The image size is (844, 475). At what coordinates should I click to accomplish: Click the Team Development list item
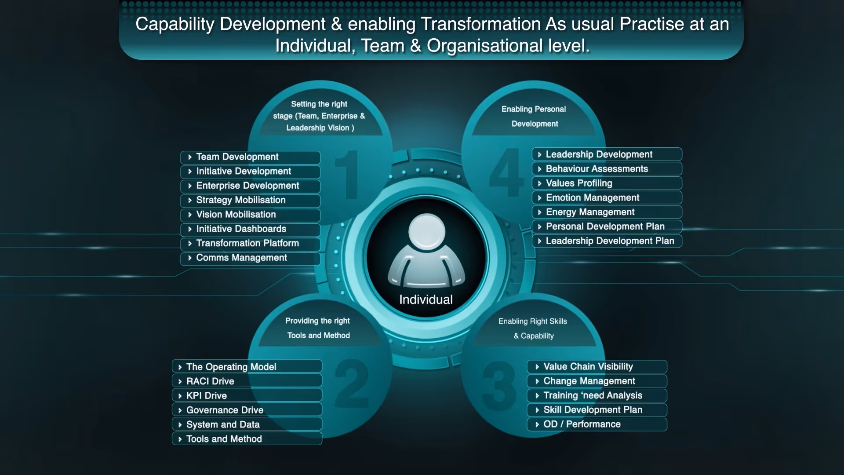coord(250,157)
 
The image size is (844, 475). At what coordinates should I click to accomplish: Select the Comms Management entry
coord(250,258)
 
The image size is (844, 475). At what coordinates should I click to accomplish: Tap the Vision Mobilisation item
coord(250,215)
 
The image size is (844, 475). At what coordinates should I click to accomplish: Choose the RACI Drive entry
coord(247,381)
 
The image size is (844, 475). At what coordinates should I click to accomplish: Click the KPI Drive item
coord(247,396)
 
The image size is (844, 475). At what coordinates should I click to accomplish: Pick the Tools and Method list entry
coord(247,439)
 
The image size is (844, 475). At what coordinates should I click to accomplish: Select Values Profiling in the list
coord(607,183)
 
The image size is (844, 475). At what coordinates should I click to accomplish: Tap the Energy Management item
coord(607,212)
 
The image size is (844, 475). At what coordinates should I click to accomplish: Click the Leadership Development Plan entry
coord(607,241)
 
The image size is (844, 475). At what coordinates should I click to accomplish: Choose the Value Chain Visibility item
coord(597,367)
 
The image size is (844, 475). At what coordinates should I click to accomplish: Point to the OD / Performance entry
coord(597,424)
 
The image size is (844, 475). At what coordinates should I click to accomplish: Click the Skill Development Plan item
coord(597,410)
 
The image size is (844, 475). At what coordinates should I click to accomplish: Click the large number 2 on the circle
coord(352,383)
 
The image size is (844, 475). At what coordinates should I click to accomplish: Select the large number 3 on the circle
coord(499,385)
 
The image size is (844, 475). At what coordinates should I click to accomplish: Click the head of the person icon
coord(426,232)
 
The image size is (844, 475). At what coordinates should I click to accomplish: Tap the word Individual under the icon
coord(426,300)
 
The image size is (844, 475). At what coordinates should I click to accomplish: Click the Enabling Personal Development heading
coord(534,117)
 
